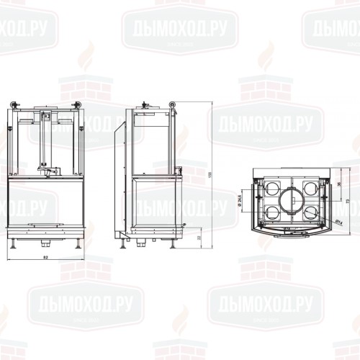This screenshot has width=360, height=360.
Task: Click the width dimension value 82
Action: pyautogui.click(x=45, y=256)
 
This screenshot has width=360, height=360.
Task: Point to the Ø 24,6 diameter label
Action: pyautogui.click(x=239, y=197)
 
